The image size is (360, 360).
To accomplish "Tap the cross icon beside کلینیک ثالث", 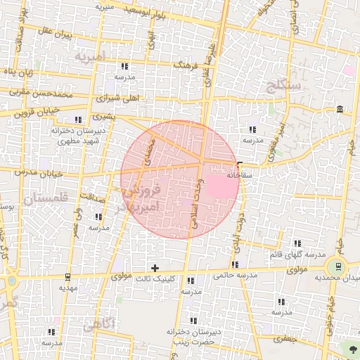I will (x=155, y=268).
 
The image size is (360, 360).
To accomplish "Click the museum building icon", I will (x=340, y=109).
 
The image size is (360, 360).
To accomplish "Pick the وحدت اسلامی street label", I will (x=196, y=202).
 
